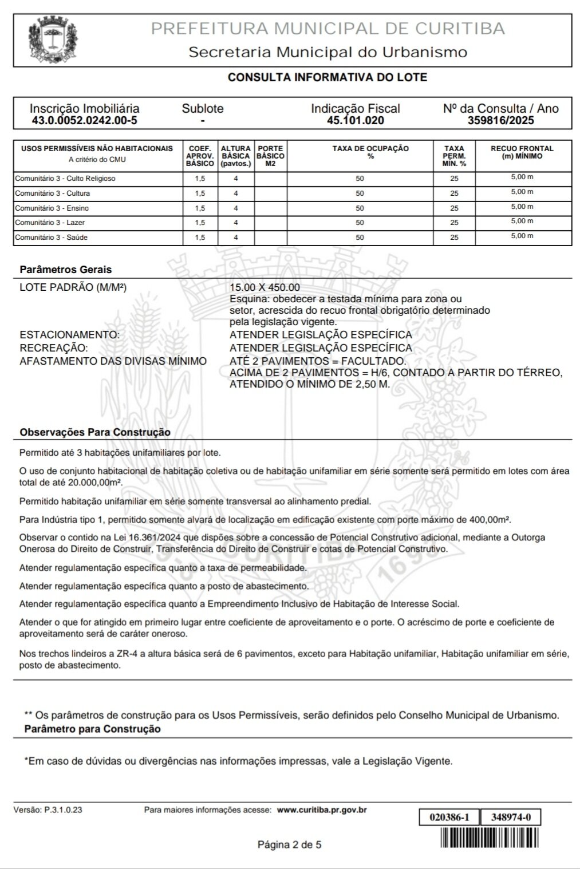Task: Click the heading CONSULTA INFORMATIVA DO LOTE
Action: click(x=327, y=77)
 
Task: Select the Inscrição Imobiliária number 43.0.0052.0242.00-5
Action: click(x=84, y=121)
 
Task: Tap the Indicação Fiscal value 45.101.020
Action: click(x=355, y=121)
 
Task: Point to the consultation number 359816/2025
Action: click(x=500, y=121)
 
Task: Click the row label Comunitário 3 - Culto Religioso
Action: click(x=65, y=179)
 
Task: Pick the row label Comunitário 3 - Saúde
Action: click(x=52, y=237)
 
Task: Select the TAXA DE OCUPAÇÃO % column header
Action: click(x=370, y=152)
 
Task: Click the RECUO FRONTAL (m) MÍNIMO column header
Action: click(x=522, y=152)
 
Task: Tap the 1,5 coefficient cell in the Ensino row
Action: click(x=199, y=208)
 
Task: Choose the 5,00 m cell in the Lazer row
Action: click(x=522, y=221)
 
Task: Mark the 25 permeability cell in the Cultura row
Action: click(x=454, y=193)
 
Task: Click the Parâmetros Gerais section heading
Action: click(x=66, y=270)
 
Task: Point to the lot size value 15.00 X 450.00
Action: click(x=265, y=287)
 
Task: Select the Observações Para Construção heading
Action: click(x=95, y=433)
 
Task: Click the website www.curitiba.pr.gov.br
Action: click(x=321, y=810)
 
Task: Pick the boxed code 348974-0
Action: click(x=511, y=817)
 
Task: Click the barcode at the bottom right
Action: click(x=490, y=839)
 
